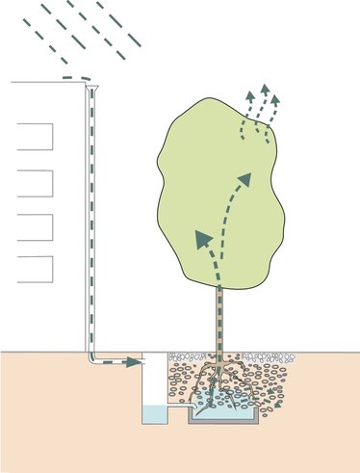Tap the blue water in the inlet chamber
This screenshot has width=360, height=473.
154,415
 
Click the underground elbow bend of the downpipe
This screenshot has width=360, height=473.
95,359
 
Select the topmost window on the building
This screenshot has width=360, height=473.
35,136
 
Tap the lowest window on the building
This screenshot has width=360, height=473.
35,268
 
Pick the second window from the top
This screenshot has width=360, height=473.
35,182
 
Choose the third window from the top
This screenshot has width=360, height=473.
35,225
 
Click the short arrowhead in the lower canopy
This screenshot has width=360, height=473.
203,237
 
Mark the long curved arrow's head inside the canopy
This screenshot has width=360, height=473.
245,180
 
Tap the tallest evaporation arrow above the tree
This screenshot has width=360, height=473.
257,92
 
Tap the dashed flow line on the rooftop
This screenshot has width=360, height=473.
76,79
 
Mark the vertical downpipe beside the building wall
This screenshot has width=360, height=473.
93,222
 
